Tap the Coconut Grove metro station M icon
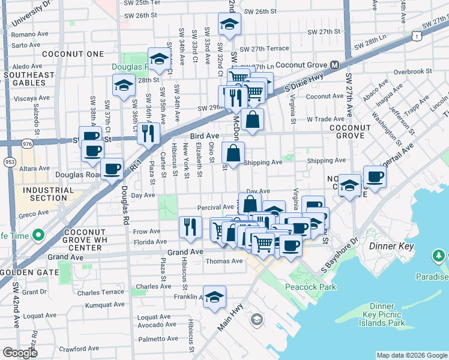click(x=334, y=65)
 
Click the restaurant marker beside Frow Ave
click(x=190, y=227)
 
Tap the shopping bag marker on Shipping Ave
click(x=233, y=154)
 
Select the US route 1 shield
click(x=415, y=37)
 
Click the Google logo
click(x=20, y=353)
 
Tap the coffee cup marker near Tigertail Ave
click(x=374, y=177)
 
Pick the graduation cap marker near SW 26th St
click(x=229, y=25)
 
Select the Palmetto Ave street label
click(x=157, y=338)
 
